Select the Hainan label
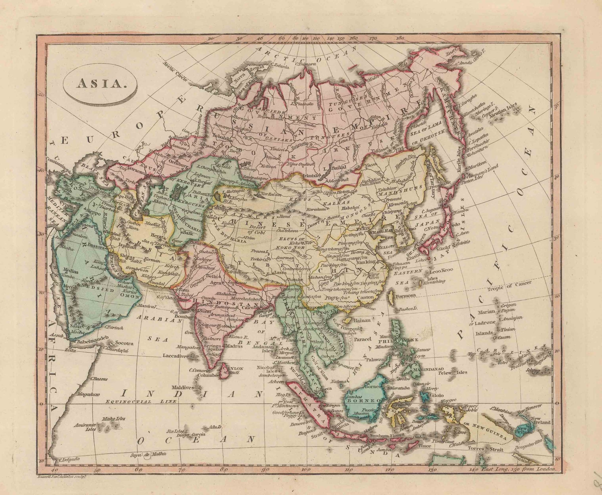point(363,320)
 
